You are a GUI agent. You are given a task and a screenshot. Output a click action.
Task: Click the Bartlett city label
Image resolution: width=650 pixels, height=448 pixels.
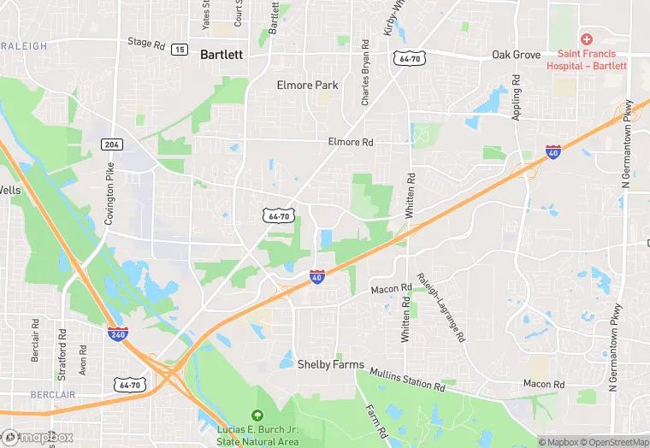[222, 55]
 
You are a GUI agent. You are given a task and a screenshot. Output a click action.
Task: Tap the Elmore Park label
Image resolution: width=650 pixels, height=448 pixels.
[308, 85]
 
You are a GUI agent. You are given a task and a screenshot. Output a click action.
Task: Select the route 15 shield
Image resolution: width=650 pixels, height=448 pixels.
[180, 50]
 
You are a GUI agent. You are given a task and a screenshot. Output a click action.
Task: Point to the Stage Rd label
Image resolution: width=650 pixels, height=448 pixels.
[145, 42]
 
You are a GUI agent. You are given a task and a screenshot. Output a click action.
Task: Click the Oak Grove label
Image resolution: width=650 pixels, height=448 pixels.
[517, 55]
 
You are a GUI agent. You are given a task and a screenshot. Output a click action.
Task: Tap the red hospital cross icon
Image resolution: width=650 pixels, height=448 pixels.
[587, 39]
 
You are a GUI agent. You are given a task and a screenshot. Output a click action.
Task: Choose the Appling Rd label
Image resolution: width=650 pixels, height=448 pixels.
[517, 97]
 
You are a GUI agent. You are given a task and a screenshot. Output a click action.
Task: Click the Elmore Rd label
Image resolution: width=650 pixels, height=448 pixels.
[351, 143]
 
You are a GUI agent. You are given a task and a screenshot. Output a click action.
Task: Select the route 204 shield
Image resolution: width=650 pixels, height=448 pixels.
[111, 144]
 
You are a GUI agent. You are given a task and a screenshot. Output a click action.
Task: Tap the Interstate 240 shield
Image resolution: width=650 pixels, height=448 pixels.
[118, 333]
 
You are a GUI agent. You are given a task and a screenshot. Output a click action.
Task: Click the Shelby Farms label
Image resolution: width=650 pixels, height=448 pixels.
[330, 364]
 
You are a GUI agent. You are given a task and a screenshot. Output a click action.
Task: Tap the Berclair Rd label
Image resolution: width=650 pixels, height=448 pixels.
[36, 340]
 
